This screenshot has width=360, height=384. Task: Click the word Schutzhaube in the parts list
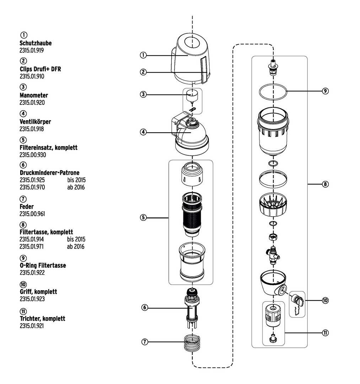tap(36, 43)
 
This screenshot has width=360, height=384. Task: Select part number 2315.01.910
tap(32, 76)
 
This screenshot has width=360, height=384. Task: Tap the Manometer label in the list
tap(34, 95)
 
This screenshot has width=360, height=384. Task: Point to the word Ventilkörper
tap(35, 122)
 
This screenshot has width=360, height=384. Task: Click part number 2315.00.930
tap(33, 155)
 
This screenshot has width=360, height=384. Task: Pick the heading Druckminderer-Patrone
tap(49, 172)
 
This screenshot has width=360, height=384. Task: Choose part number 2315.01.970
tap(32, 187)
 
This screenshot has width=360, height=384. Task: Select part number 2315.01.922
tap(32, 273)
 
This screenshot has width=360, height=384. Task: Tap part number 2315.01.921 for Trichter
tap(32, 326)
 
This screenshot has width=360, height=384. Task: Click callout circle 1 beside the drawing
tap(143, 55)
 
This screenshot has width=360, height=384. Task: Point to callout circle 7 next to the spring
tap(145, 342)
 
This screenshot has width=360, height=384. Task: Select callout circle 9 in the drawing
tap(325, 91)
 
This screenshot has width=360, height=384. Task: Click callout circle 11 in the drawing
tap(325, 333)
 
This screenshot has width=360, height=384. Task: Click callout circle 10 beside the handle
tap(325, 300)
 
